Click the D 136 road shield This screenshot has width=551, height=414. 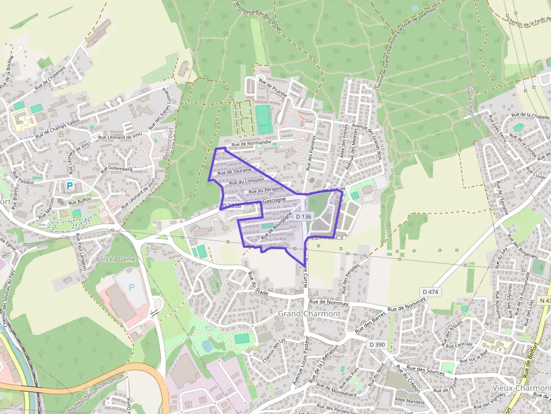[x=303, y=216]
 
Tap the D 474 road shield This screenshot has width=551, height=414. [x=430, y=292]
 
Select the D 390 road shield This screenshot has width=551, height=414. [x=377, y=344]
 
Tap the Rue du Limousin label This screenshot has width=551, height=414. [x=246, y=181]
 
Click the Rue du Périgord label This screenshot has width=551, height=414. [x=265, y=190]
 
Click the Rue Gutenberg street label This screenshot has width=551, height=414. [x=116, y=169]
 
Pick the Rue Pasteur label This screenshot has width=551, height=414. [x=23, y=182]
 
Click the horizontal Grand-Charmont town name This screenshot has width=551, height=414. [x=309, y=313]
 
